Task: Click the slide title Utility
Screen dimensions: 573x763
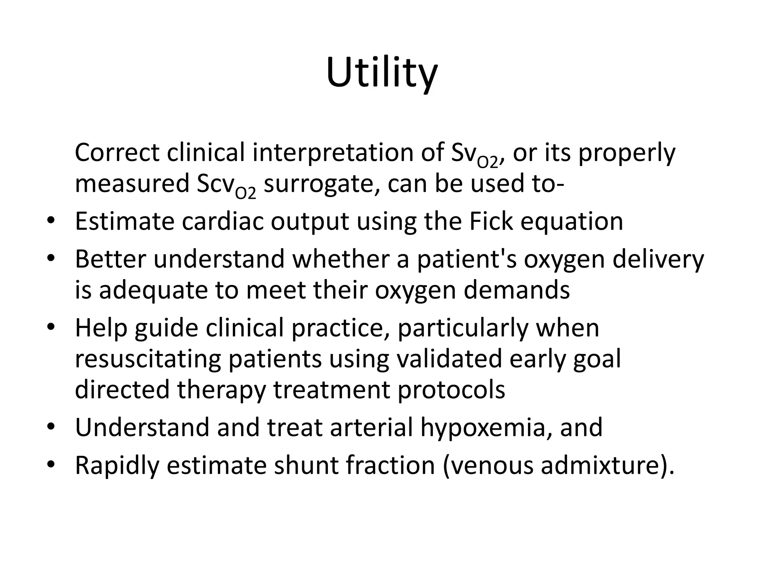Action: pyautogui.click(x=381, y=73)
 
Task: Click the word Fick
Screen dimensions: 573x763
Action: pyautogui.click(x=491, y=221)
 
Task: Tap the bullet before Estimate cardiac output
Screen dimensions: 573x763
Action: pyautogui.click(x=51, y=220)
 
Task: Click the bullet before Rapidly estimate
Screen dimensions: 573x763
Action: pyautogui.click(x=51, y=464)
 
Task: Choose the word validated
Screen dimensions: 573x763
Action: pyautogui.click(x=449, y=359)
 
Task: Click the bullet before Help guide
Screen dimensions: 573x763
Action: pyautogui.click(x=51, y=327)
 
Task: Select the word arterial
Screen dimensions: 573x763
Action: pyautogui.click(x=371, y=428)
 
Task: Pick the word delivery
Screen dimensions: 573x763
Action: pyautogui.click(x=658, y=259)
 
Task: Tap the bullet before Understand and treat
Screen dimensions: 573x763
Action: pyautogui.click(x=51, y=426)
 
